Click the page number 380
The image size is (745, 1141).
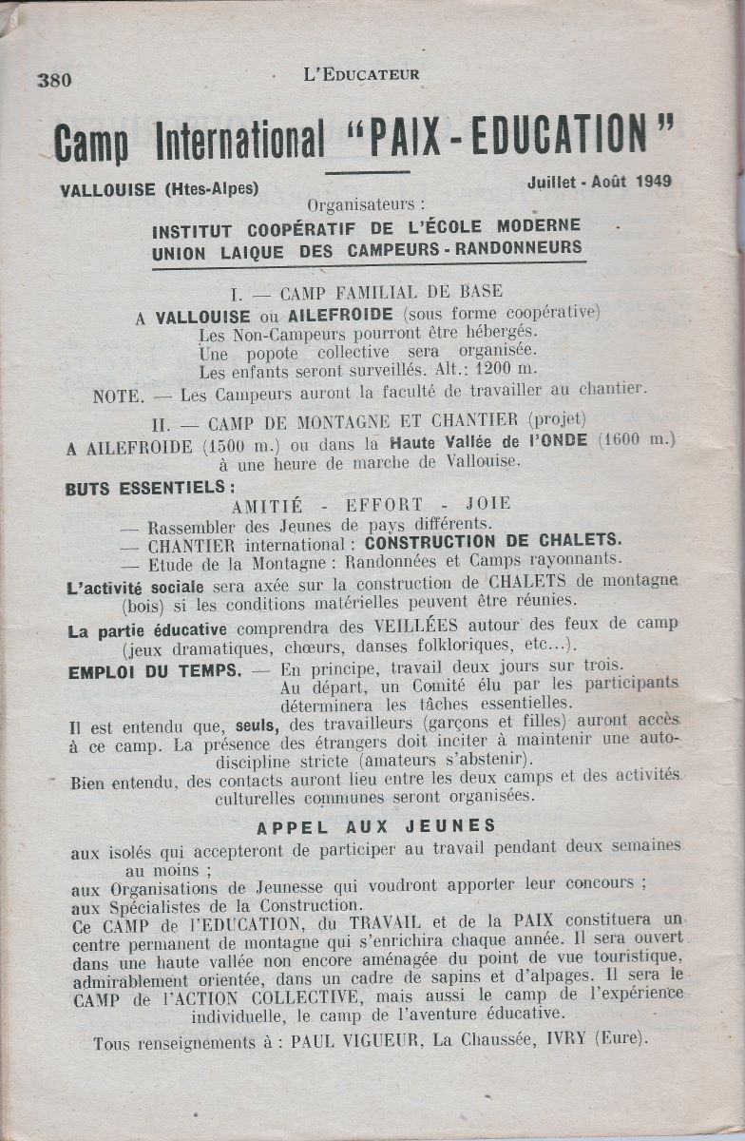click(55, 80)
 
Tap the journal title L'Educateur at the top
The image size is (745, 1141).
click(360, 74)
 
